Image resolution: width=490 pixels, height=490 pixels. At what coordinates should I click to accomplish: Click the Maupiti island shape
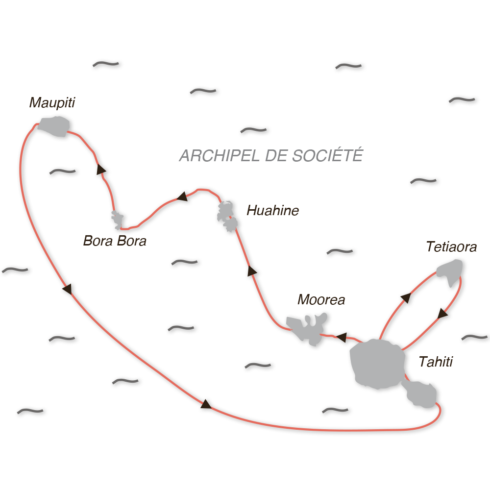coord(54,126)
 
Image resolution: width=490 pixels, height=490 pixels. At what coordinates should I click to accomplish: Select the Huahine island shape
coord(227,216)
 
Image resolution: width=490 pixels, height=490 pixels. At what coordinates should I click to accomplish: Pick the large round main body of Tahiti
coord(377,363)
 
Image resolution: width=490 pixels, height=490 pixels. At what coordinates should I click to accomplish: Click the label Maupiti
coord(52,103)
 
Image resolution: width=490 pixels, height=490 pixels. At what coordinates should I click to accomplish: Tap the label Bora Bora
coord(115,241)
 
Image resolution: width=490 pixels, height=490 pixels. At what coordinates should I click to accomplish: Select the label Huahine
coord(272,211)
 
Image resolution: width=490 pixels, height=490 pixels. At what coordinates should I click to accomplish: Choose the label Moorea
coord(321,299)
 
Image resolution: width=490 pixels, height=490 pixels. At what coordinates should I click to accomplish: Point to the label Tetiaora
coord(451,246)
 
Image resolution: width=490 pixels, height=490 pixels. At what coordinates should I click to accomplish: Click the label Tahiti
coord(436,362)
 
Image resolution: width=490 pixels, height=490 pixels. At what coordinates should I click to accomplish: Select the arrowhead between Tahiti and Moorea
coord(342,337)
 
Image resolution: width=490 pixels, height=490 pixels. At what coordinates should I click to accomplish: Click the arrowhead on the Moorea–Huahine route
coord(252,271)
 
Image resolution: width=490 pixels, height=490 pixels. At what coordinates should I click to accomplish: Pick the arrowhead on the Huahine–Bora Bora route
coord(182,197)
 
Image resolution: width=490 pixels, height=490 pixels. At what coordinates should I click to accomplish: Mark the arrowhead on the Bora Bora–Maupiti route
coord(100,170)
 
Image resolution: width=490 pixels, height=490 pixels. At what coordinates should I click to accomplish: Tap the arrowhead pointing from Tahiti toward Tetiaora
coord(405,298)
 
